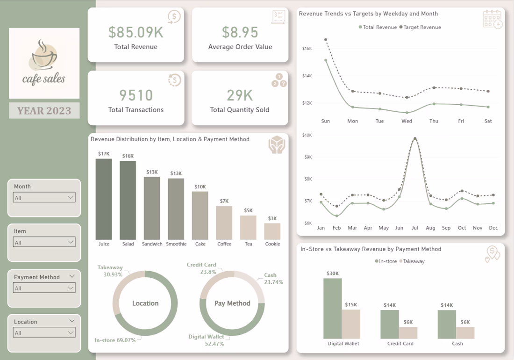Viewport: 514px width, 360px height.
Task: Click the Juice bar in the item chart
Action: pyautogui.click(x=104, y=199)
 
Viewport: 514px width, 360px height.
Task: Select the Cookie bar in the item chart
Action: pyautogui.click(x=272, y=231)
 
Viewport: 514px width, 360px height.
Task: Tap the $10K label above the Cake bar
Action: pyautogui.click(x=200, y=187)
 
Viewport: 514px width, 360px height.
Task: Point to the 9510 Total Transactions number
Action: pyautogui.click(x=136, y=95)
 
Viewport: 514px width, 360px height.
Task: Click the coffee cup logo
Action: pyautogui.click(x=43, y=55)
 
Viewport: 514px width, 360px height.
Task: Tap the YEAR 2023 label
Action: pyautogui.click(x=44, y=111)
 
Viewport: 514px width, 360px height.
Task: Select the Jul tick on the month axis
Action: pyautogui.click(x=414, y=228)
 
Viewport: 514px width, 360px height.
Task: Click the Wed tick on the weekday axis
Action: pyautogui.click(x=407, y=121)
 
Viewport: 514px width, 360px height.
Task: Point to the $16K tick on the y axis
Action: pyautogui.click(x=307, y=49)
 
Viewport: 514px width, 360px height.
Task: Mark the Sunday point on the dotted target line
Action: pyautogui.click(x=326, y=40)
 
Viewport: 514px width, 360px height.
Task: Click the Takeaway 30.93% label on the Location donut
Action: pyautogui.click(x=110, y=271)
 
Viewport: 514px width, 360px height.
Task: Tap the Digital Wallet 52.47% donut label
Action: pyautogui.click(x=206, y=340)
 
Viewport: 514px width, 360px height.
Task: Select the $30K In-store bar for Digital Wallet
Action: pyautogui.click(x=333, y=308)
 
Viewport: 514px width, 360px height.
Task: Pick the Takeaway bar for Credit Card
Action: pyautogui.click(x=408, y=332)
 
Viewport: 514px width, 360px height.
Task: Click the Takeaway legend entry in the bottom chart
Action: pyautogui.click(x=412, y=261)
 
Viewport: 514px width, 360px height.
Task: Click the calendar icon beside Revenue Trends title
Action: pyautogui.click(x=493, y=19)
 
